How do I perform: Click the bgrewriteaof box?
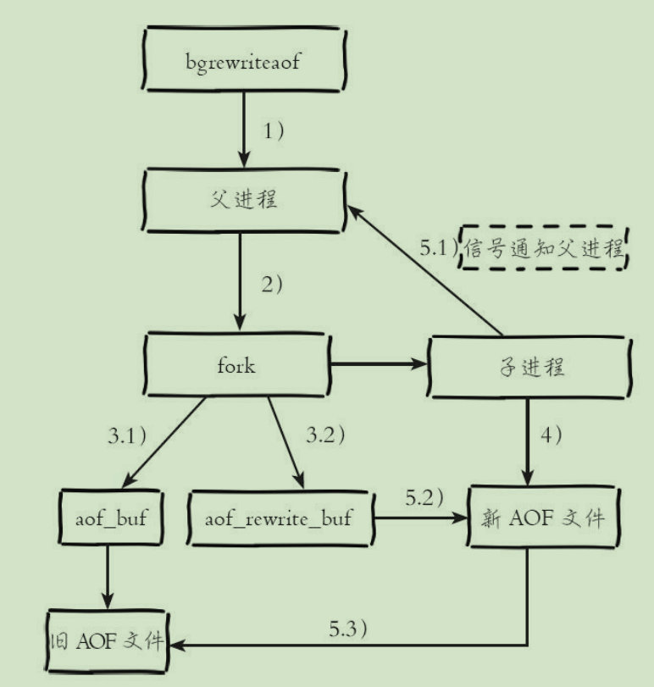[243, 62]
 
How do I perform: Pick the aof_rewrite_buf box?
[280, 518]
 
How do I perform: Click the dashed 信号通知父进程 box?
[542, 248]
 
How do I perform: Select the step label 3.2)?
[324, 437]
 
